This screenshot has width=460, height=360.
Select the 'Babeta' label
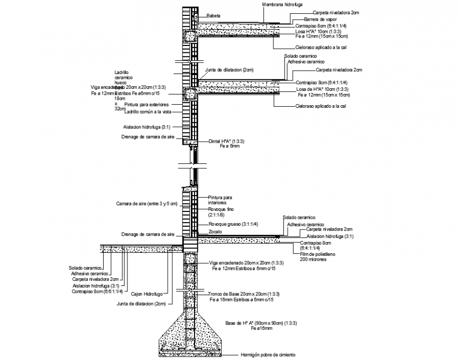point(213,16)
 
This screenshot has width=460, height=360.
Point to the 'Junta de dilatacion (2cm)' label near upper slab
point(229,70)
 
